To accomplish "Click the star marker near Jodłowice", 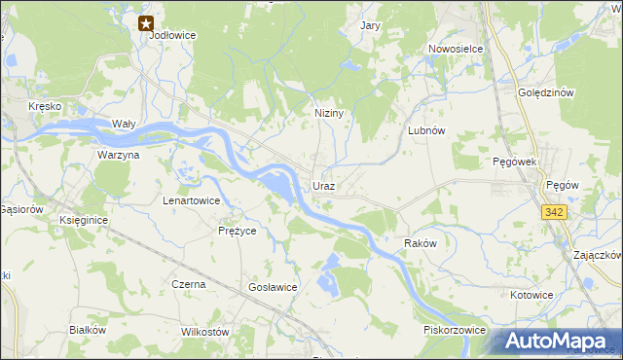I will (146, 23).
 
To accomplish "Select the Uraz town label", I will (324, 185).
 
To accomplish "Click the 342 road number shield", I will (555, 211).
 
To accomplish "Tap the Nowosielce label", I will (456, 48).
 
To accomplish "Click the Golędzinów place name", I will (549, 92).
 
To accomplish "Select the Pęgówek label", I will (515, 162).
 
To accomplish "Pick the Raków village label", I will (421, 243).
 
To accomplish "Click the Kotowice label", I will (531, 293).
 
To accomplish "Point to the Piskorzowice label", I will (454, 330).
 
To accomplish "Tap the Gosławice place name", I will (273, 287).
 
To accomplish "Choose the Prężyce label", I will (237, 231).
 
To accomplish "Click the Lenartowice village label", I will (191, 200).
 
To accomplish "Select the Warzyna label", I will (119, 155).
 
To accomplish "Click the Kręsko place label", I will (45, 105).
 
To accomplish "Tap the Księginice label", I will (83, 221).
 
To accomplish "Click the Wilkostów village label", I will (204, 332).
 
